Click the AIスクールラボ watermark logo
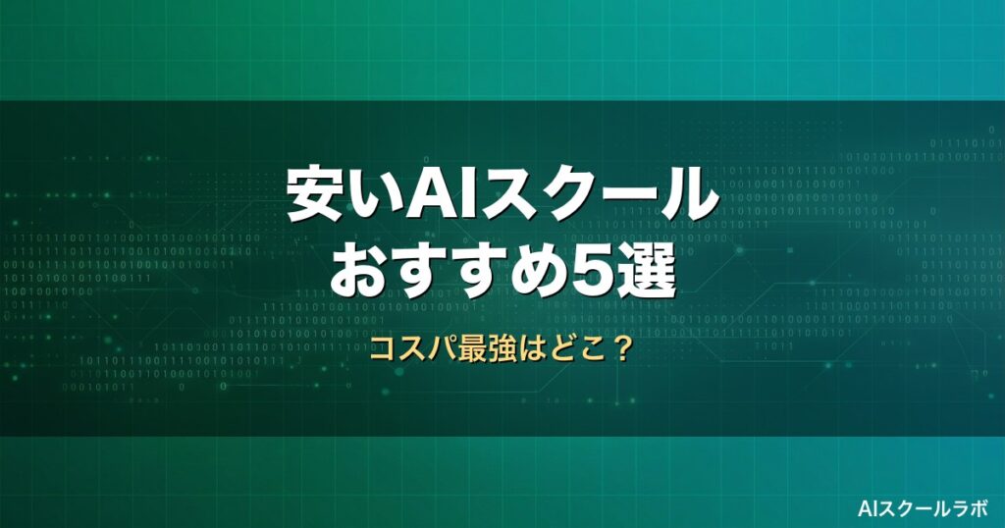pos(923,508)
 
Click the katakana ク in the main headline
pos(566,195)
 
